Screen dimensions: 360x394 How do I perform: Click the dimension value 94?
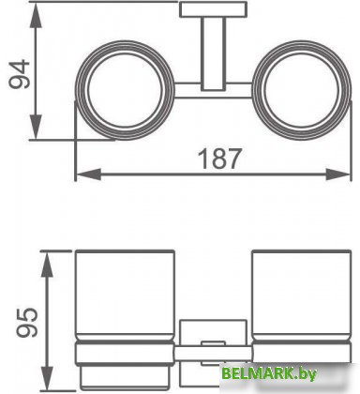(20, 74)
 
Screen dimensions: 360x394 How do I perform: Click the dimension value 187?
(220, 159)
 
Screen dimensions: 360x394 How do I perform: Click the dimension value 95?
(27, 323)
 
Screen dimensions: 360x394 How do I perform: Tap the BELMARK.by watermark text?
(269, 373)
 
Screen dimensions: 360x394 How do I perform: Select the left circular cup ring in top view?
(77, 90)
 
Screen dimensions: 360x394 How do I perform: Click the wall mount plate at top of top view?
(214, 9)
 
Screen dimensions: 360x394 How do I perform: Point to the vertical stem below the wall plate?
(214, 53)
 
